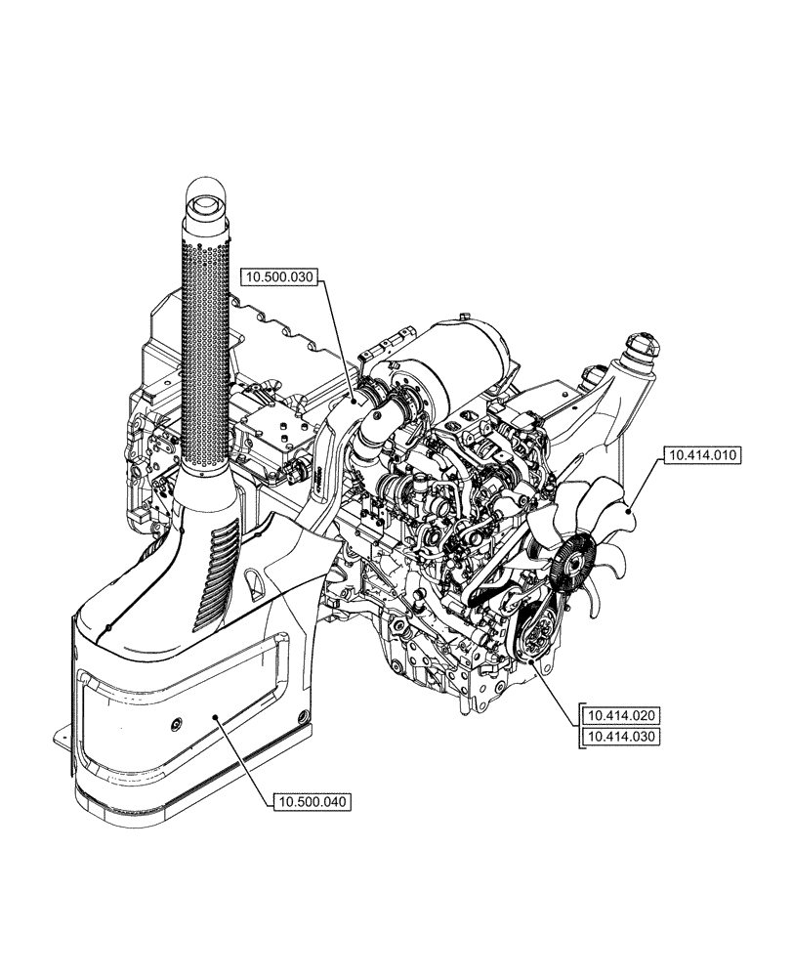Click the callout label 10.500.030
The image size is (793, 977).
click(x=278, y=276)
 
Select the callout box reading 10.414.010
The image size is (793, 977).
click(x=703, y=455)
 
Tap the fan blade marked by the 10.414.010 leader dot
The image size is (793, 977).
click(x=626, y=508)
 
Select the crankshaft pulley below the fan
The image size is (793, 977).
click(x=535, y=640)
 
